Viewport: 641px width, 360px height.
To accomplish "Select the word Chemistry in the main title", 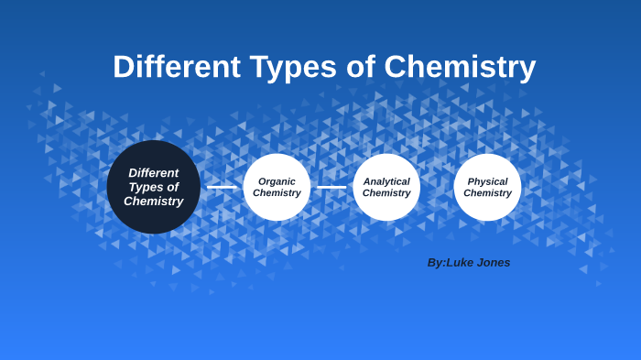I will click(460, 67).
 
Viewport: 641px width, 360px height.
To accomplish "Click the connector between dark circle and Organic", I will click(222, 187).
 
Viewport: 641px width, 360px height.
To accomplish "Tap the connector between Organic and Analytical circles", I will click(331, 187).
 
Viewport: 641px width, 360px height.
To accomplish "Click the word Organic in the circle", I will click(277, 181).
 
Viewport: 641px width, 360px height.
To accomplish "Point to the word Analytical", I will click(386, 181).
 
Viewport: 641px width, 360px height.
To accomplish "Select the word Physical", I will click(487, 181).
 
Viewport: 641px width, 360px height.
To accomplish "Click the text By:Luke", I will click(448, 262).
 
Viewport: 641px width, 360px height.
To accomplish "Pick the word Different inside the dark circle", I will click(154, 172).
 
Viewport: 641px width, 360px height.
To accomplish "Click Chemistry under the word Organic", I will click(277, 193).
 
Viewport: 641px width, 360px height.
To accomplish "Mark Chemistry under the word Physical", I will click(487, 193).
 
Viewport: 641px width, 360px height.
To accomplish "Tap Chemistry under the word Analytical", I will click(386, 193).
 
